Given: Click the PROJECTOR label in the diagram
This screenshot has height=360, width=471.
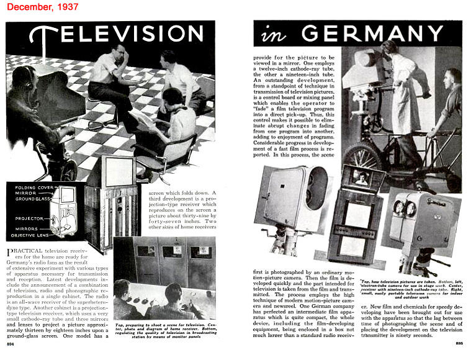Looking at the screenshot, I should (x=29, y=218).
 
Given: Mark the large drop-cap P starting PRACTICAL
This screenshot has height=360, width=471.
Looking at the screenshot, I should (x=10, y=253).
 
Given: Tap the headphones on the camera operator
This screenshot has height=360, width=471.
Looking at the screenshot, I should (x=29, y=75).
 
